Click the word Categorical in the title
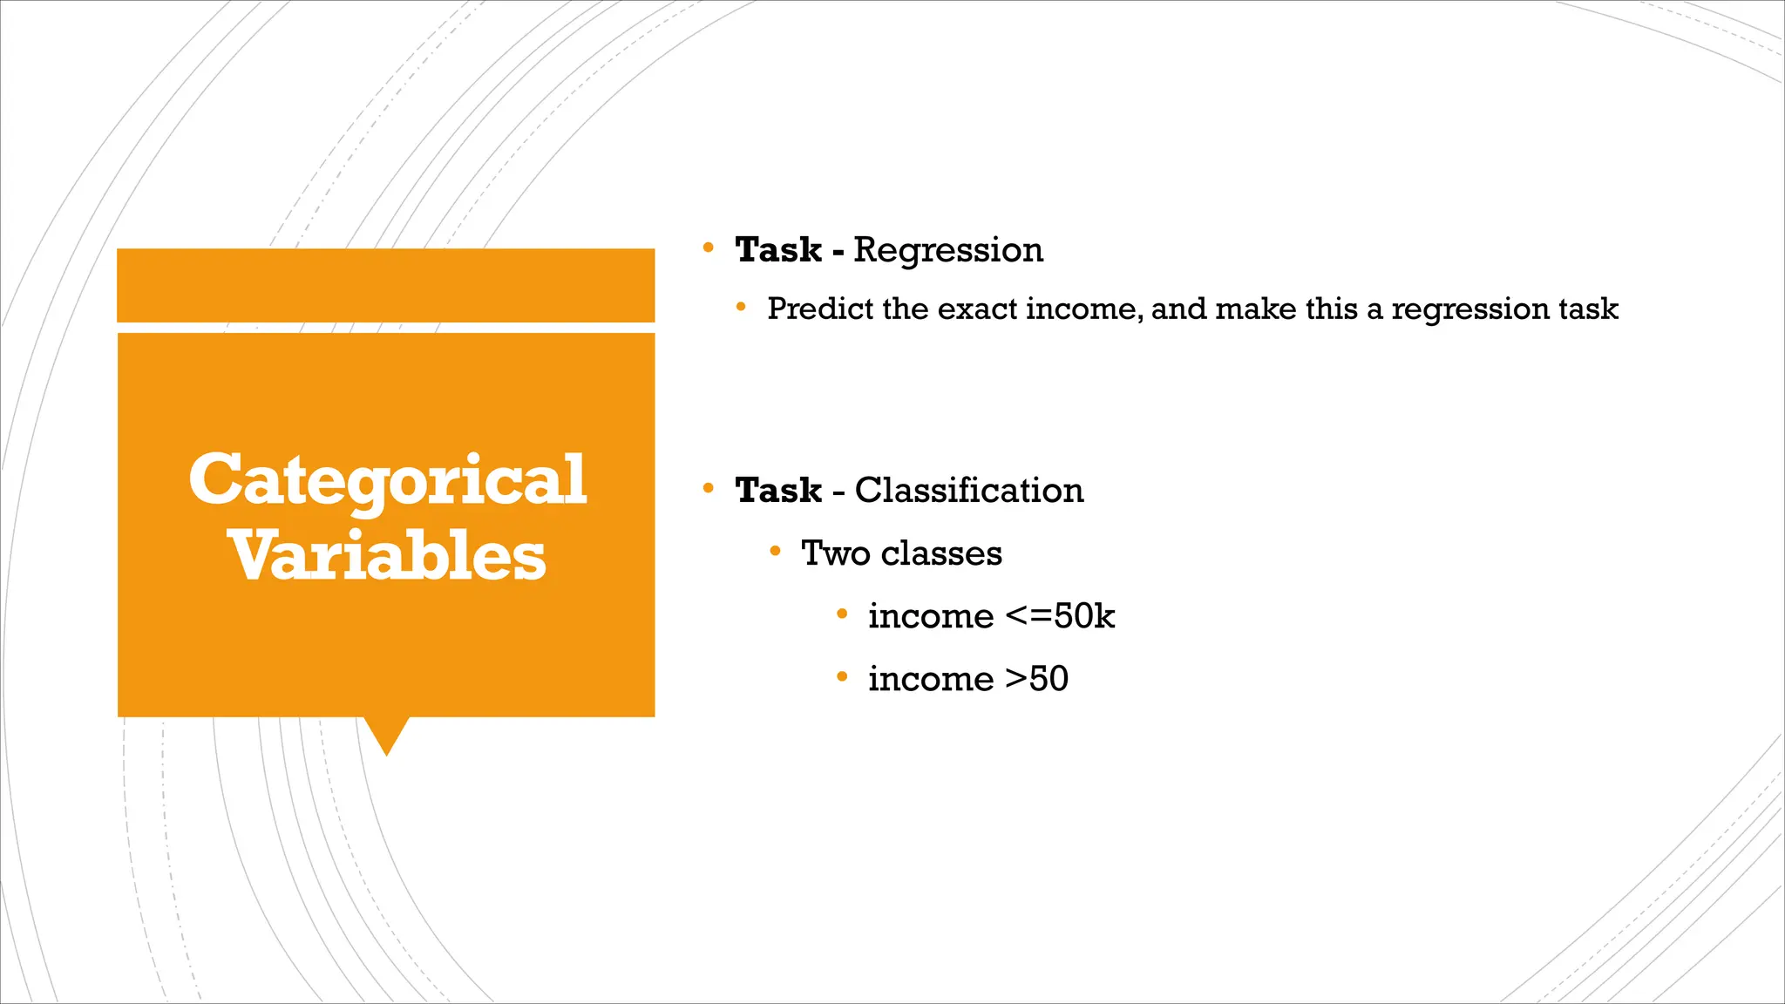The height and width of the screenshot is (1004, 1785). click(x=387, y=480)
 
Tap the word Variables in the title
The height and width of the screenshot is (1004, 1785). click(x=387, y=556)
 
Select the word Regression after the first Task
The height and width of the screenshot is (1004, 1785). click(x=948, y=250)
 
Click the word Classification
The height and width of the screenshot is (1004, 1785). click(x=969, y=491)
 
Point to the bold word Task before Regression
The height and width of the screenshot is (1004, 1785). click(x=778, y=250)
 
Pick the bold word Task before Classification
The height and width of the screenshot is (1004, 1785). click(x=778, y=491)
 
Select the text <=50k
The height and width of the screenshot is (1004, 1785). click(x=1060, y=616)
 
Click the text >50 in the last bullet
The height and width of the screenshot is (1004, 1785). click(x=1036, y=679)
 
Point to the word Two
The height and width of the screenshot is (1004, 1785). click(x=835, y=553)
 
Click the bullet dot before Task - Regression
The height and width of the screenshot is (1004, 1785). click(x=709, y=248)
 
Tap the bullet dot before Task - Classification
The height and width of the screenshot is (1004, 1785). click(x=709, y=489)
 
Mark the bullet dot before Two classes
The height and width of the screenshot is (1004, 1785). click(x=775, y=551)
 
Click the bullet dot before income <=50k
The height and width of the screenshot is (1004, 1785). click(x=842, y=614)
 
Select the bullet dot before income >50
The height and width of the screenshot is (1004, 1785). click(x=842, y=676)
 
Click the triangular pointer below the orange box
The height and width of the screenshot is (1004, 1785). click(x=386, y=734)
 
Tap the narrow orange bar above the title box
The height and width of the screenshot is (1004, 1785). click(x=385, y=285)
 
